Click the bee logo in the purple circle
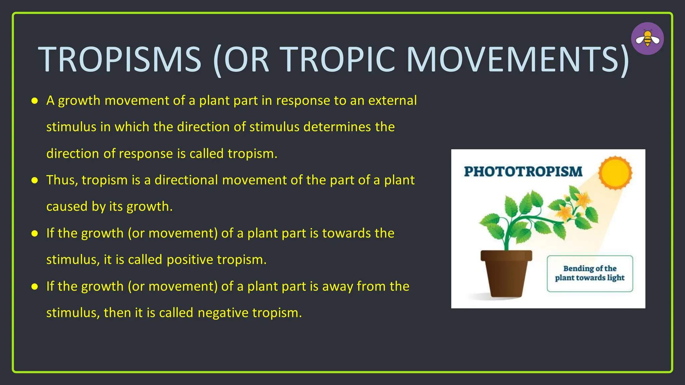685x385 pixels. click(648, 38)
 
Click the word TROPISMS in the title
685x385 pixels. click(120, 59)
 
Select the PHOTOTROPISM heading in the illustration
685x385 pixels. click(523, 171)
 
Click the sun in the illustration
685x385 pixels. click(615, 173)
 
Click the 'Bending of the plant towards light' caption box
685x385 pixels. click(590, 273)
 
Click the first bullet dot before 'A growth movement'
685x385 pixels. click(34, 101)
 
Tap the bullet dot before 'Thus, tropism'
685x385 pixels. click(34, 180)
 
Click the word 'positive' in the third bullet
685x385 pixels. click(190, 260)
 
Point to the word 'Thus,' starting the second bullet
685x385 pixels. click(62, 180)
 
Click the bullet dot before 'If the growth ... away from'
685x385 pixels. click(34, 287)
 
